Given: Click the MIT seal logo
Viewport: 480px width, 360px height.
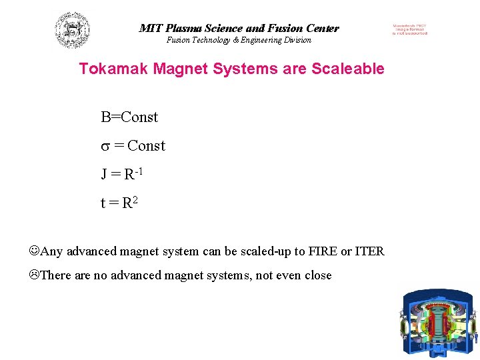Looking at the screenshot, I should click(x=72, y=31).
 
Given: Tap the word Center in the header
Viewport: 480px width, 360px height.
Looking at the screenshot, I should click(x=323, y=29).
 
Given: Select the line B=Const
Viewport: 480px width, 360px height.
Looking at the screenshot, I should click(x=129, y=117).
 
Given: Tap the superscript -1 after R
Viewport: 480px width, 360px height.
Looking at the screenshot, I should click(x=139, y=171).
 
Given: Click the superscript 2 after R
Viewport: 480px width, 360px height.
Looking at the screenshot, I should click(x=134, y=199).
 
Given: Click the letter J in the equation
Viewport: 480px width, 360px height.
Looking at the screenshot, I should click(x=105, y=175).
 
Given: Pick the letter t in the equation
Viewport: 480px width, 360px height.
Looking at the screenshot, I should click(x=103, y=203).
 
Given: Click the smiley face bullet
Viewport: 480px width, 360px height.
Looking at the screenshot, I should click(x=35, y=251).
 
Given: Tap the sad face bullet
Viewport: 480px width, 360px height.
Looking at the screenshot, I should click(x=35, y=275).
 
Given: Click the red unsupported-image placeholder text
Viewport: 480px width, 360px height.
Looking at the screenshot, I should click(x=409, y=29).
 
